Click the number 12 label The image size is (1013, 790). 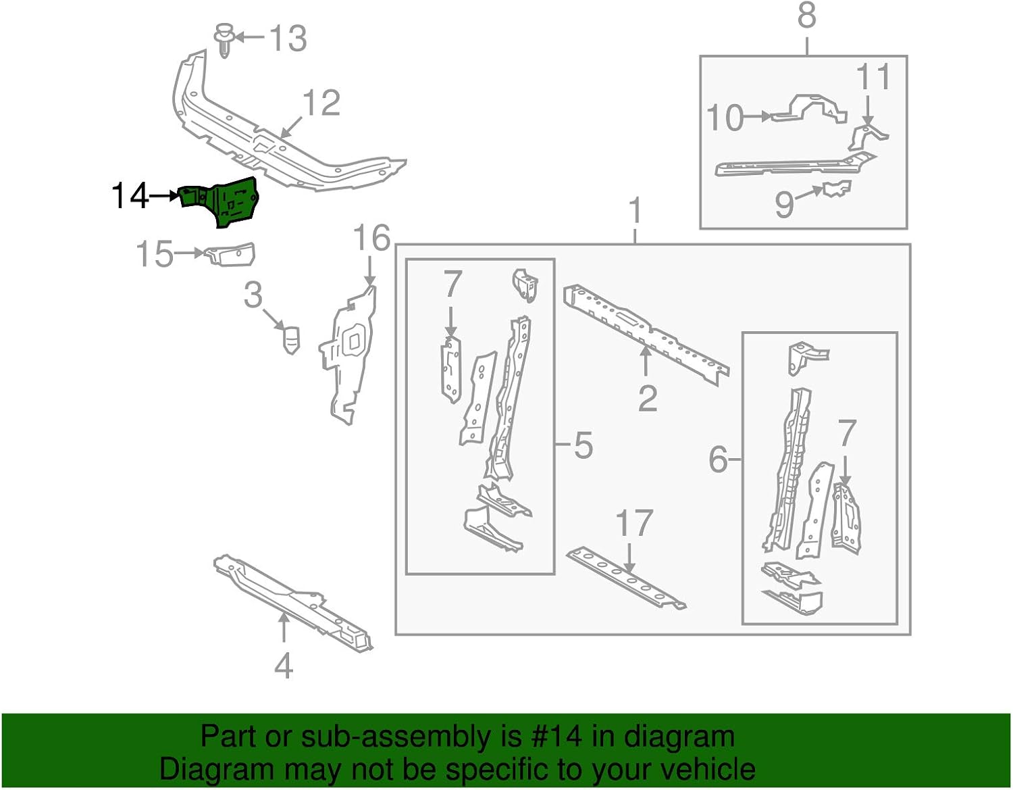tap(321, 103)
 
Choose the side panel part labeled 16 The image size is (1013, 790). tap(350, 355)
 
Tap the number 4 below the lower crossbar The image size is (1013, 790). tap(284, 665)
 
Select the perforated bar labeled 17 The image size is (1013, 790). tap(625, 578)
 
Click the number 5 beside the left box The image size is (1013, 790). tap(583, 446)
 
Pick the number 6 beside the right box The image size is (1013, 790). tap(718, 461)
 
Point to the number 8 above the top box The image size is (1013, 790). tap(807, 16)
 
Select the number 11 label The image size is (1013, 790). tap(873, 78)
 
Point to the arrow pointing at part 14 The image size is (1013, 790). tap(163, 195)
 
